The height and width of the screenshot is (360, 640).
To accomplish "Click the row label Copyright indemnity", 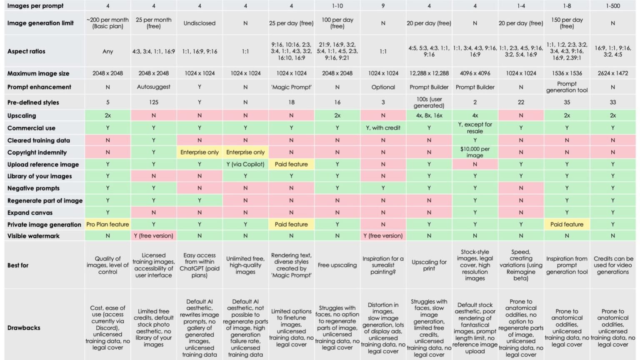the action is [37, 152].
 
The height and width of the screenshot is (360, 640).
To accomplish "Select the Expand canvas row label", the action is [30, 212].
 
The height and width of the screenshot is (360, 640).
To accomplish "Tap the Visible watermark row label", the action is [33, 236].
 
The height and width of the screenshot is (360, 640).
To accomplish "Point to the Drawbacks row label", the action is [24, 327].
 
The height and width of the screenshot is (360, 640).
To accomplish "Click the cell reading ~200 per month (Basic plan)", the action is [108, 23].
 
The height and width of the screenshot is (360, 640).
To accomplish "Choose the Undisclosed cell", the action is [200, 23].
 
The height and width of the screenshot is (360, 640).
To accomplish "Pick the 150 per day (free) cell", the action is [567, 23].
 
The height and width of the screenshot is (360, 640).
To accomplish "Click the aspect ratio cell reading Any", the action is [108, 51].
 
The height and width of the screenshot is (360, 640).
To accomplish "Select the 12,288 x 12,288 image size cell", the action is [429, 73].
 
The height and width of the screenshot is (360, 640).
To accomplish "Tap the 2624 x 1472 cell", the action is [613, 73].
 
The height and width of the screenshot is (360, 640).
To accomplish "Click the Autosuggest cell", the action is [153, 87].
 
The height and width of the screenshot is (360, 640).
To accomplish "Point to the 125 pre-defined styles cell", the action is [153, 102].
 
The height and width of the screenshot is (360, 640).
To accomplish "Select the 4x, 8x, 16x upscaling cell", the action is [429, 115].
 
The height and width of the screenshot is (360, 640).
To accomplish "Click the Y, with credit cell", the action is [383, 128].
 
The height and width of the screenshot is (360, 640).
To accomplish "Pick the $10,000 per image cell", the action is [475, 152].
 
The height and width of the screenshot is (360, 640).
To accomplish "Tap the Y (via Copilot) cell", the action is [245, 164].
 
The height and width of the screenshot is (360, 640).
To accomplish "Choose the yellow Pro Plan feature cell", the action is [108, 224].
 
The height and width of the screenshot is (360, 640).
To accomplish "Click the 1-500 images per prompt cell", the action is [613, 6].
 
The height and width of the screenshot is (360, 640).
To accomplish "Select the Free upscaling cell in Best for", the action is [337, 265].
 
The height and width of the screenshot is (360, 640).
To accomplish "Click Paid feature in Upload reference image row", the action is [291, 164].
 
